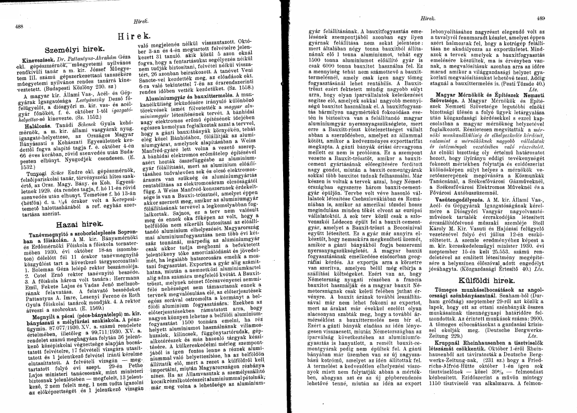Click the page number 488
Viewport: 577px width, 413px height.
click(20, 27)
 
